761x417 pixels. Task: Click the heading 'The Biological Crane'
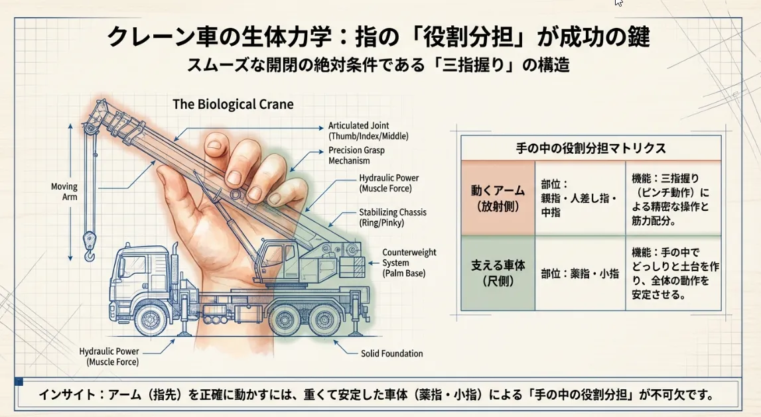point(233,105)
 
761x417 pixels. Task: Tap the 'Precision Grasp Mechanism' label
point(356,155)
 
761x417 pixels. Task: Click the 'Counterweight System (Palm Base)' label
point(409,263)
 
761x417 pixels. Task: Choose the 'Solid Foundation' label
point(391,353)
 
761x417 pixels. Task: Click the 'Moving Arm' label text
point(64,192)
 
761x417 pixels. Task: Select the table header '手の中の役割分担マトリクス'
point(590,148)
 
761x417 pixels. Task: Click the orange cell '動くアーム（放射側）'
point(498,198)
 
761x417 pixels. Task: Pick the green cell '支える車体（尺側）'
point(498,272)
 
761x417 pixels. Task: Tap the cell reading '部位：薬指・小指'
point(579,273)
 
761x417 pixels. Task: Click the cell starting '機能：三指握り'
point(672,198)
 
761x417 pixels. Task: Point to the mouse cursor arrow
point(618,3)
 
